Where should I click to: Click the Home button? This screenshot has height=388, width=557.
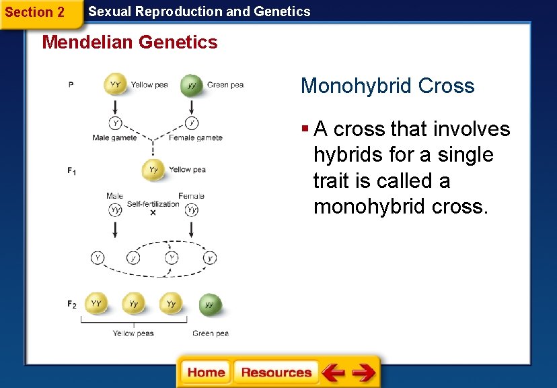(206, 373)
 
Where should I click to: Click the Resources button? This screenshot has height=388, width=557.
(276, 373)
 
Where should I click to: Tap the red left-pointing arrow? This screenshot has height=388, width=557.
(333, 373)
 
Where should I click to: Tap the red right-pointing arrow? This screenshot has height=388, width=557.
(363, 373)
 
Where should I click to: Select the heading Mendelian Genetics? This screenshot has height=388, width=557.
(130, 42)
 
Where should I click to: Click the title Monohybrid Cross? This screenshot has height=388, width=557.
(387, 86)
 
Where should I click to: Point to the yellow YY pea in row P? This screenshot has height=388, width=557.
(115, 85)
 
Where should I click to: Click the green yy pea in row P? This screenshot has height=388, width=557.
(192, 86)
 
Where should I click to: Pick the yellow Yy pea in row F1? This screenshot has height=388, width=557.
(153, 170)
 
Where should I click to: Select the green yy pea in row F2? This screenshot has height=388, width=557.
(210, 304)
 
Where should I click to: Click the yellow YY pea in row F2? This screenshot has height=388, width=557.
(96, 304)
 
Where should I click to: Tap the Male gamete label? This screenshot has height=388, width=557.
(114, 138)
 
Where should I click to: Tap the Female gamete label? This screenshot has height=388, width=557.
(195, 138)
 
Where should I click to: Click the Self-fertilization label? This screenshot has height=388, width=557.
(153, 204)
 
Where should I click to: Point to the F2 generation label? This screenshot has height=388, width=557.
(71, 304)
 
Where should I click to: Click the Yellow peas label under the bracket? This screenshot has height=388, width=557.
(133, 333)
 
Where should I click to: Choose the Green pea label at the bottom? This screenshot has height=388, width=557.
(211, 333)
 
